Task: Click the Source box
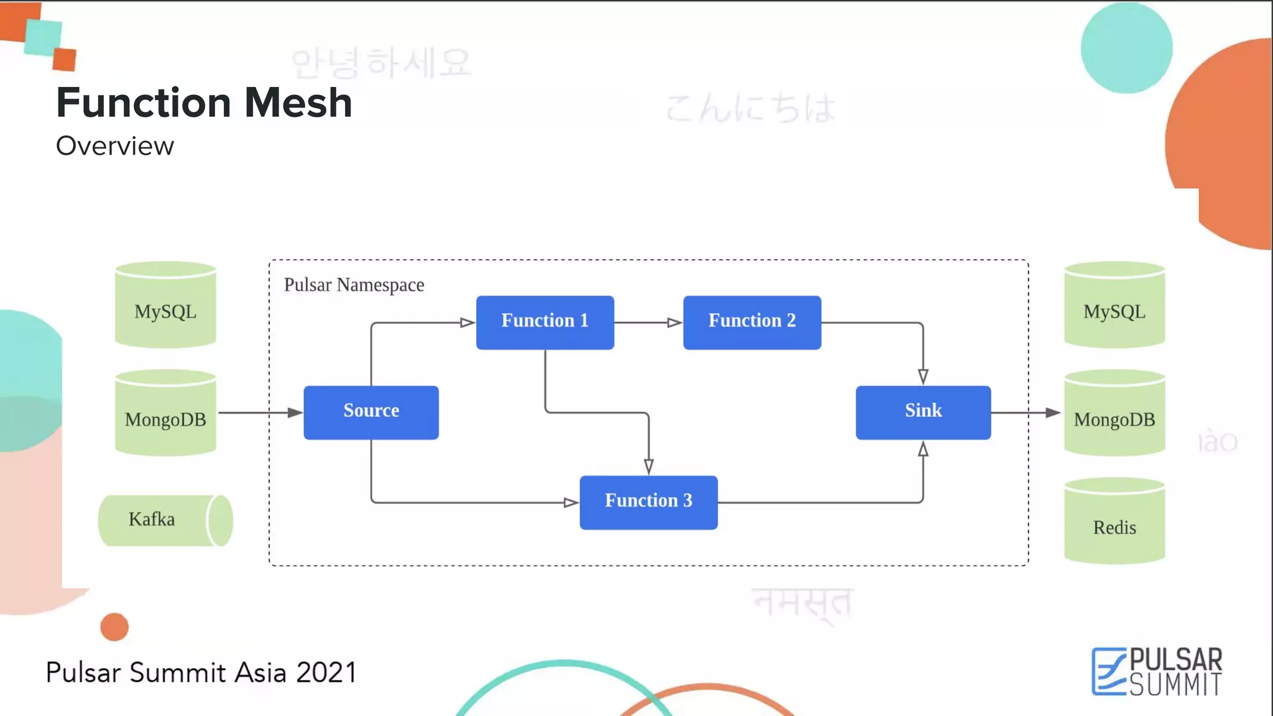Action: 371,413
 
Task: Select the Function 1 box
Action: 545,323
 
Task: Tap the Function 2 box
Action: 752,323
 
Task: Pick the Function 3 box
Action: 648,502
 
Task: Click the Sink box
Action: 923,413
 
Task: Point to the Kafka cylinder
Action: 165,520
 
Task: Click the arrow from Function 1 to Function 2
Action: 648,323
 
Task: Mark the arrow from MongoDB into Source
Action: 260,413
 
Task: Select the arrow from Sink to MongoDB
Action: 1026,413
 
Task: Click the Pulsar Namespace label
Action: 354,285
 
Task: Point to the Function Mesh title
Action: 204,103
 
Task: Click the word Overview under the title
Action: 115,146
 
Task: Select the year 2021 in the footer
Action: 326,672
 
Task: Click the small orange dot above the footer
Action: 114,626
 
